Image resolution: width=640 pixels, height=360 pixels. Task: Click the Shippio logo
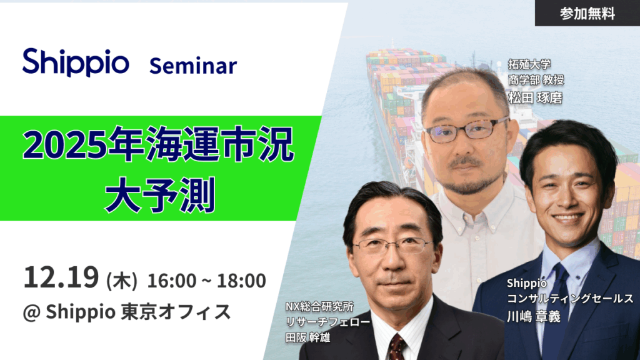[x=76, y=62]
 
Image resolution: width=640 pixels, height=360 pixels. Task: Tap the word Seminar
[x=192, y=65]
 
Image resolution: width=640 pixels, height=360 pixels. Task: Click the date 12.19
[x=61, y=279]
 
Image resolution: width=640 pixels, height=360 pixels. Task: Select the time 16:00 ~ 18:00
[x=206, y=281]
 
